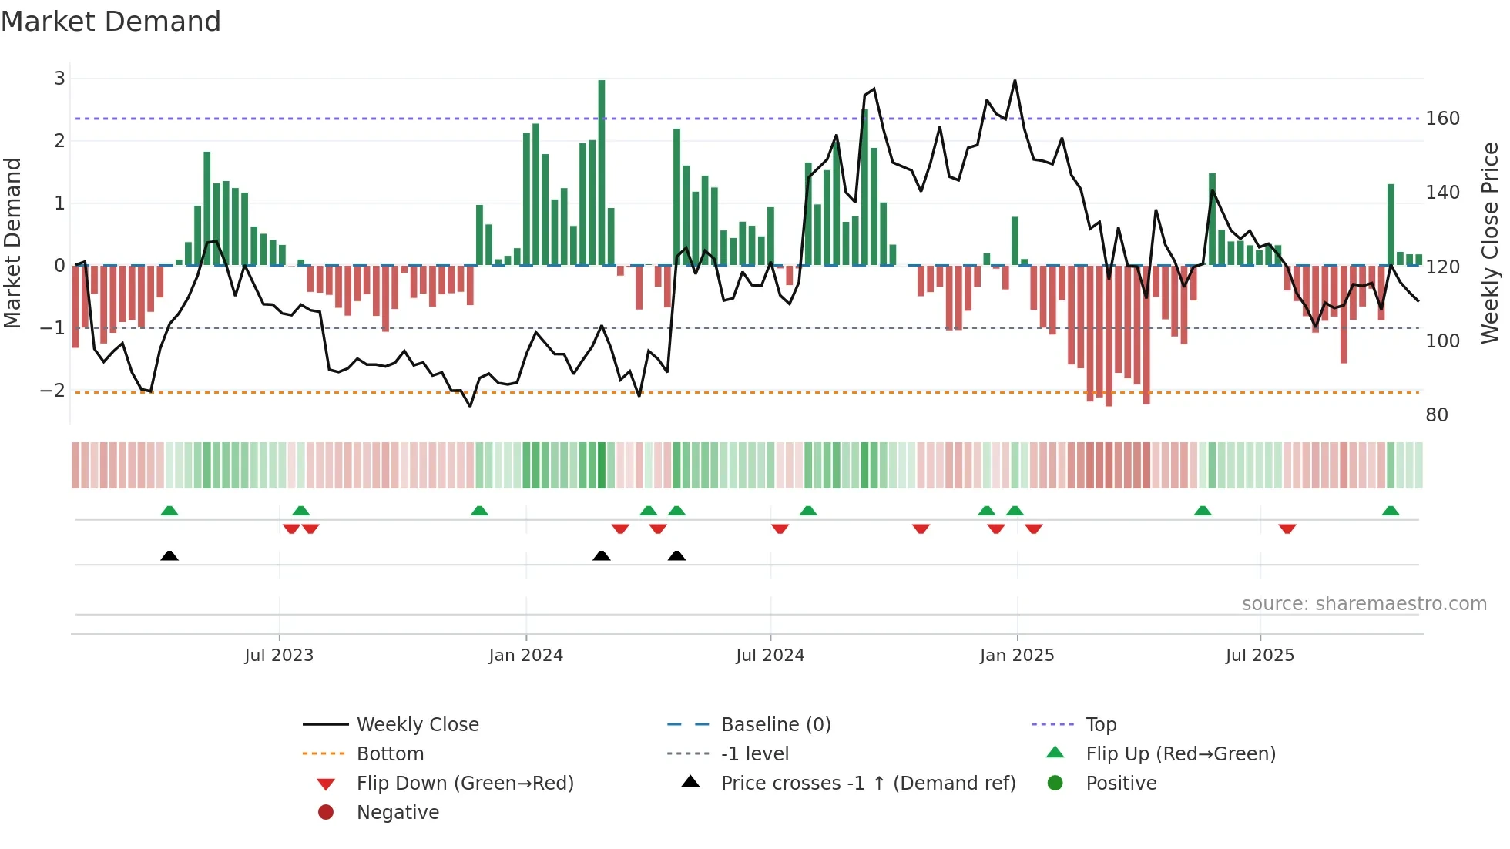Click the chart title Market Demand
click(x=111, y=22)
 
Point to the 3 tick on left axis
click(x=59, y=78)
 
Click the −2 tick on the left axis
click(x=53, y=390)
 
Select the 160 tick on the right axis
click(x=1442, y=119)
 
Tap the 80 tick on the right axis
click(x=1436, y=415)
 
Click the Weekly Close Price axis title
click(x=1490, y=243)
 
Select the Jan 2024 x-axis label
click(x=525, y=656)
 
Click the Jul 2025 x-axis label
click(x=1260, y=656)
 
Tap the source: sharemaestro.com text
click(x=1364, y=604)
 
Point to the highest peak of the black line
click(x=1015, y=81)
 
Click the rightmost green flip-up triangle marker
click(x=1391, y=511)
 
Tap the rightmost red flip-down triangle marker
click(x=1287, y=529)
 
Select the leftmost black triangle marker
click(x=169, y=555)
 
